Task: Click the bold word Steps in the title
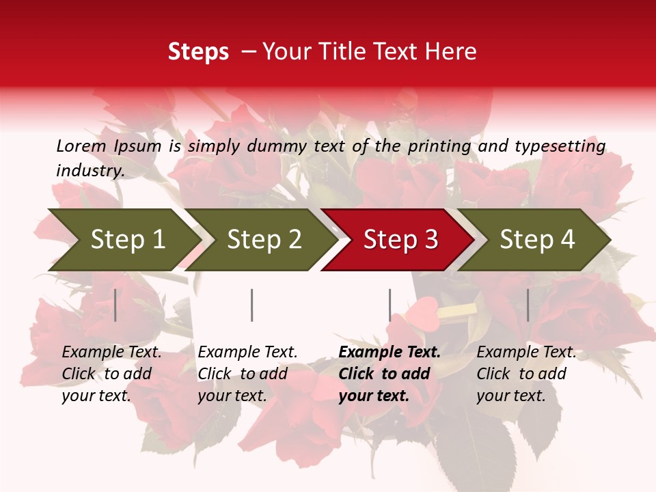[x=198, y=52]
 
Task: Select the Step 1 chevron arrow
[x=123, y=239]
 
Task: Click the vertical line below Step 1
[x=115, y=305]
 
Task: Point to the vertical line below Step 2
[x=252, y=305]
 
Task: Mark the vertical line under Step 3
[x=389, y=305]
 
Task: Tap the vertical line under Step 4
[x=528, y=305]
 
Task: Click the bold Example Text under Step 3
[x=389, y=374]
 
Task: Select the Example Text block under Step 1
[x=112, y=374]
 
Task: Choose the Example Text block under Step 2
[x=247, y=374]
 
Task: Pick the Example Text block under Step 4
[x=526, y=374]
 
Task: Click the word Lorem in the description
[x=81, y=146]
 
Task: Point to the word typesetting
[x=560, y=146]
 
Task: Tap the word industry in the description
[x=90, y=170]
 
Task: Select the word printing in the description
[x=439, y=146]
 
